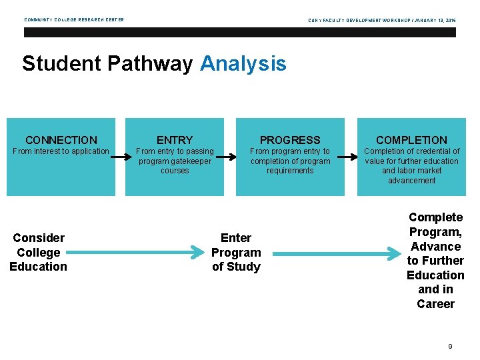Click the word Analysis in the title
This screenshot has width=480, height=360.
(x=243, y=64)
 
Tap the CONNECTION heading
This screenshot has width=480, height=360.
(x=61, y=140)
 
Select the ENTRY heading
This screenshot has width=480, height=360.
(x=175, y=140)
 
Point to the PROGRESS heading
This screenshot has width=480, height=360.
(x=290, y=140)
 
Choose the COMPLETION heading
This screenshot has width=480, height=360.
(x=411, y=140)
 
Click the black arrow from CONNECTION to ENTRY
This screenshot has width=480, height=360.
(x=120, y=157)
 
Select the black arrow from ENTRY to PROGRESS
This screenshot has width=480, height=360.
(x=227, y=157)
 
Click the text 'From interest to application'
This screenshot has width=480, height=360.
(x=61, y=151)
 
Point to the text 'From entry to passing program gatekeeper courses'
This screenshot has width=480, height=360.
(x=175, y=161)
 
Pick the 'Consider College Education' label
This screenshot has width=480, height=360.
(x=38, y=253)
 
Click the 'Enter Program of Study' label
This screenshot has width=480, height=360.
(x=236, y=253)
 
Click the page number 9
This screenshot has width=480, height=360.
(x=451, y=346)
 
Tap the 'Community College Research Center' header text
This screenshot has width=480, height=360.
(x=74, y=20)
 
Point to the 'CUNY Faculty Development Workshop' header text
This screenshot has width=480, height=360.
(x=381, y=20)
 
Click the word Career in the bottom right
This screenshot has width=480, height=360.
(x=435, y=304)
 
